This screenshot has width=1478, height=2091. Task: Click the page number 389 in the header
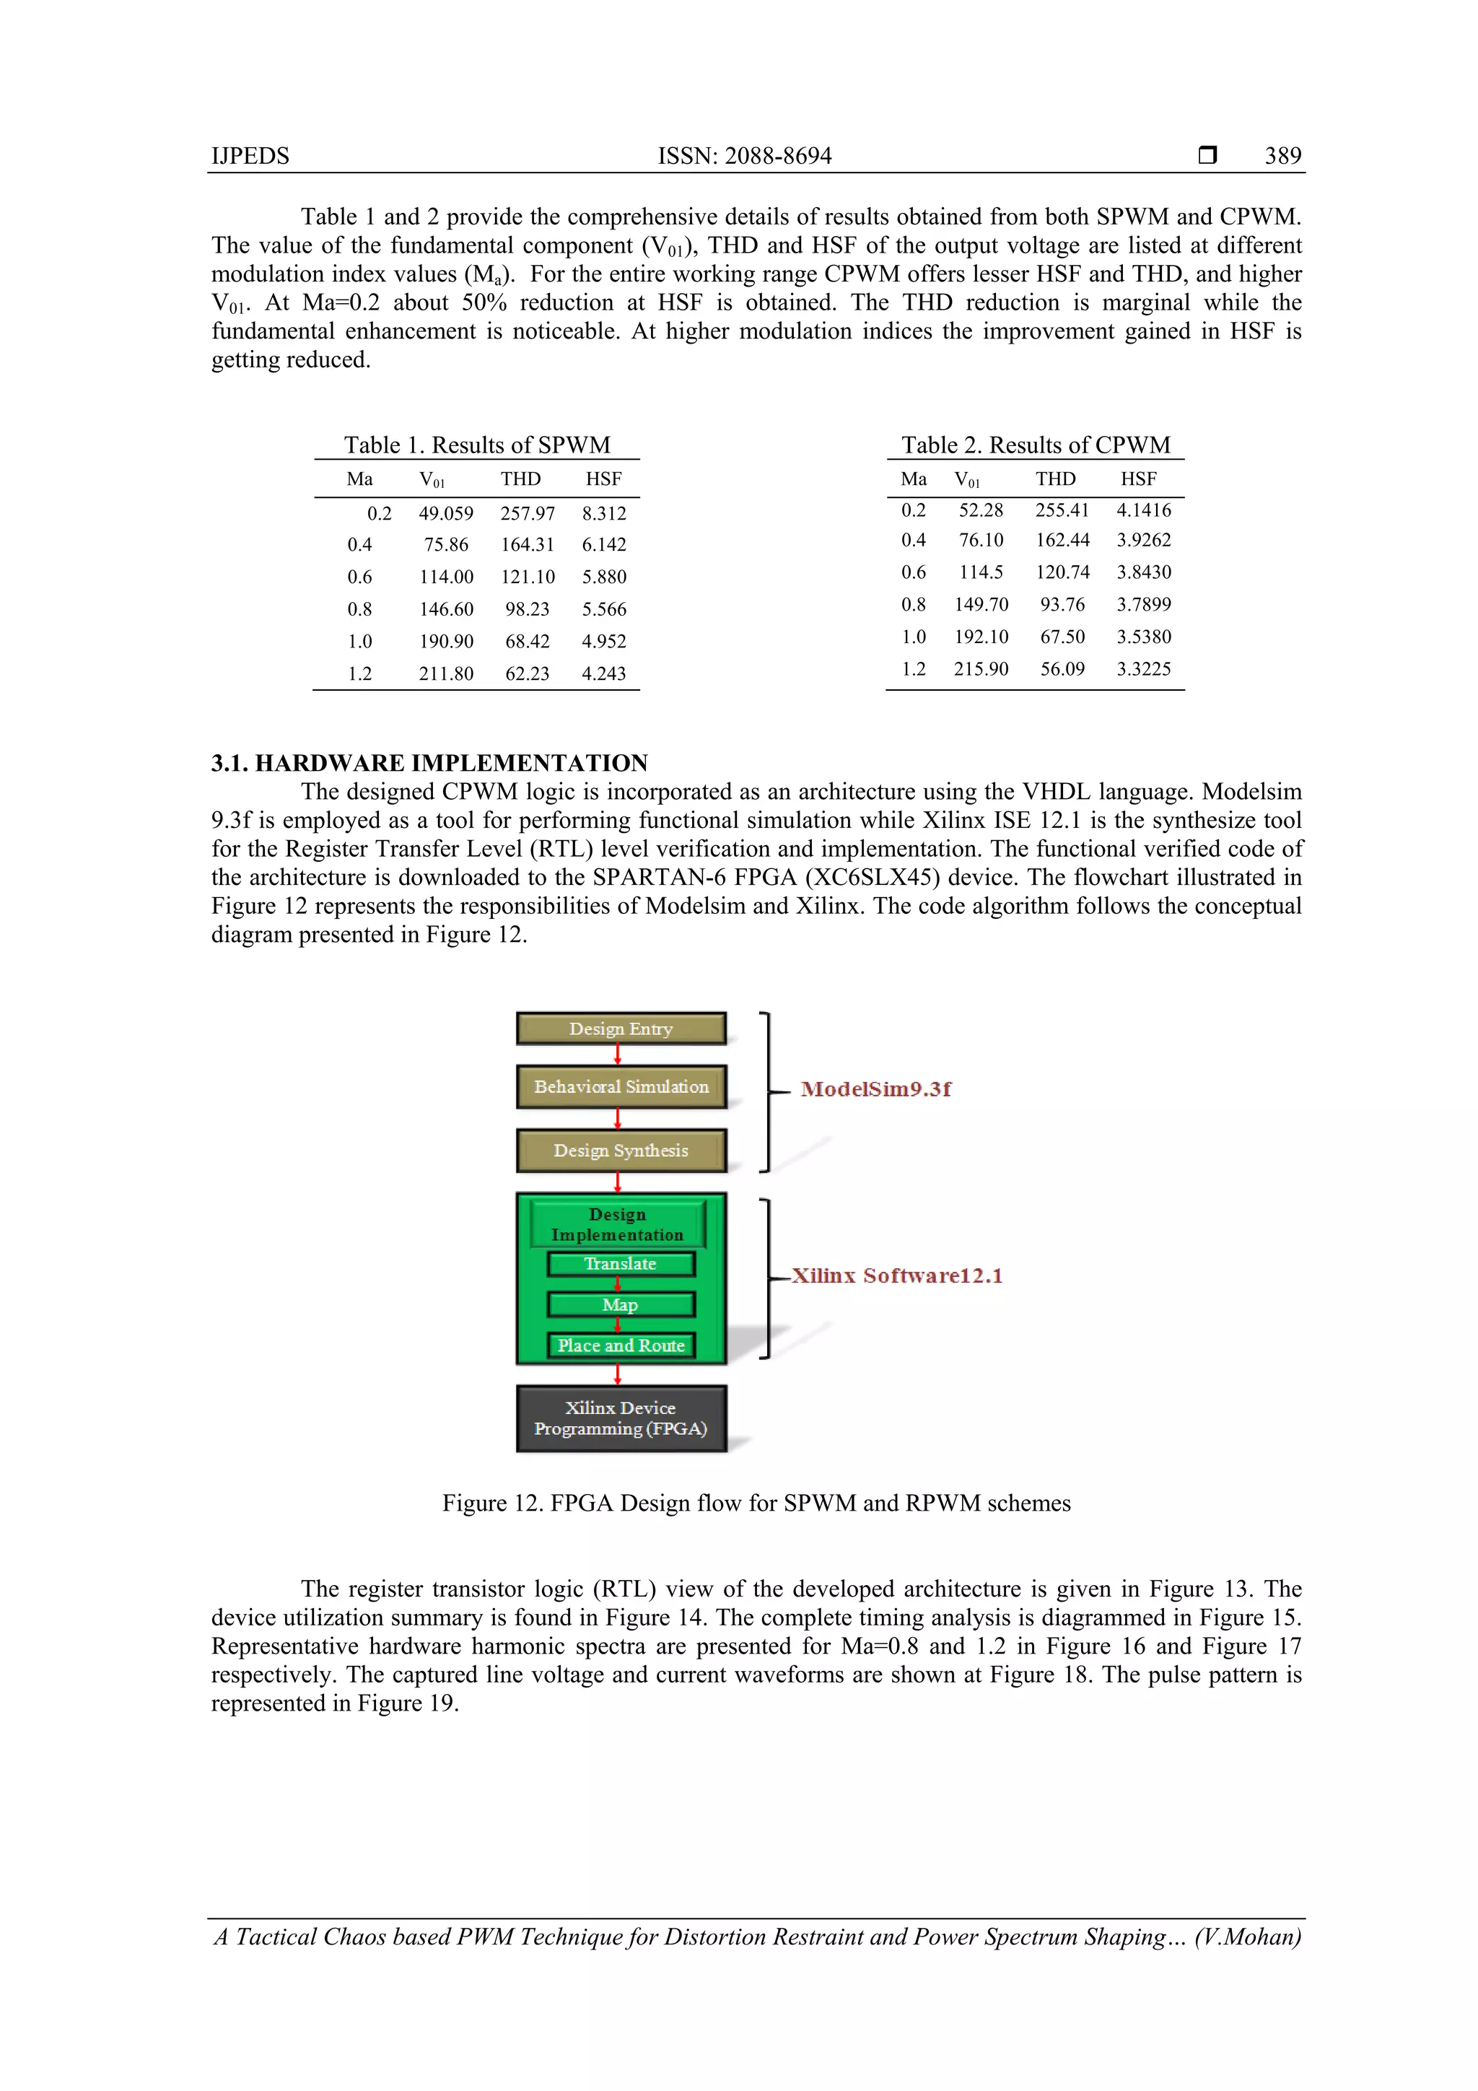click(x=1282, y=156)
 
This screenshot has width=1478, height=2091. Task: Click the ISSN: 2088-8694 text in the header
click(x=744, y=156)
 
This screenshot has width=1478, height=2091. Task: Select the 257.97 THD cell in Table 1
click(x=528, y=514)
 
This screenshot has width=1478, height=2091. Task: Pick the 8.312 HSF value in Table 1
click(x=604, y=514)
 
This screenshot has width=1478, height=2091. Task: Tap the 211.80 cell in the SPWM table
click(x=445, y=674)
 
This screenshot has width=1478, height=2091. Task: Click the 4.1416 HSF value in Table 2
click(x=1144, y=510)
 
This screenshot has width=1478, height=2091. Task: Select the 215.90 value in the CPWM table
click(x=981, y=669)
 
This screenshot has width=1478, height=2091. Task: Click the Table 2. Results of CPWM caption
click(x=1036, y=445)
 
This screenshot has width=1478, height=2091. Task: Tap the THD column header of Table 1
click(x=520, y=479)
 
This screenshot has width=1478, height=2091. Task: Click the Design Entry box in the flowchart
click(x=621, y=1029)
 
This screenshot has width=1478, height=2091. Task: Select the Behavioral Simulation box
click(x=621, y=1086)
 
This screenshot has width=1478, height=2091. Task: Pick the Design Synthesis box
click(x=621, y=1151)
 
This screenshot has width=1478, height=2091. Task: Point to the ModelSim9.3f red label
click(x=875, y=1089)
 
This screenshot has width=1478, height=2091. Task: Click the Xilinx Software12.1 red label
click(x=896, y=1276)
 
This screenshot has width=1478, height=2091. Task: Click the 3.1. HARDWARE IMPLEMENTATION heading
click(x=429, y=763)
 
